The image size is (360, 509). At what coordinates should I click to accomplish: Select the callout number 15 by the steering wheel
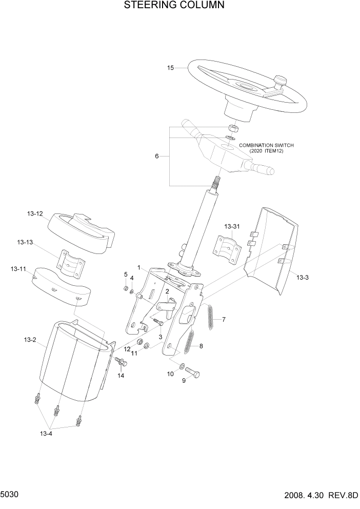[171, 67]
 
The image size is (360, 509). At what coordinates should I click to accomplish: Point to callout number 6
[157, 156]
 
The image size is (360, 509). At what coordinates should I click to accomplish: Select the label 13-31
[232, 226]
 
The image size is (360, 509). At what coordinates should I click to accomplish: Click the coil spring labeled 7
[210, 317]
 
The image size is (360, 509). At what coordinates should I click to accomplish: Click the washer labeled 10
[182, 366]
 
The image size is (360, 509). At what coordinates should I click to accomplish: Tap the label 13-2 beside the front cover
[30, 339]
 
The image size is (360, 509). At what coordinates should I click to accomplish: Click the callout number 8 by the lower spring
[201, 346]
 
